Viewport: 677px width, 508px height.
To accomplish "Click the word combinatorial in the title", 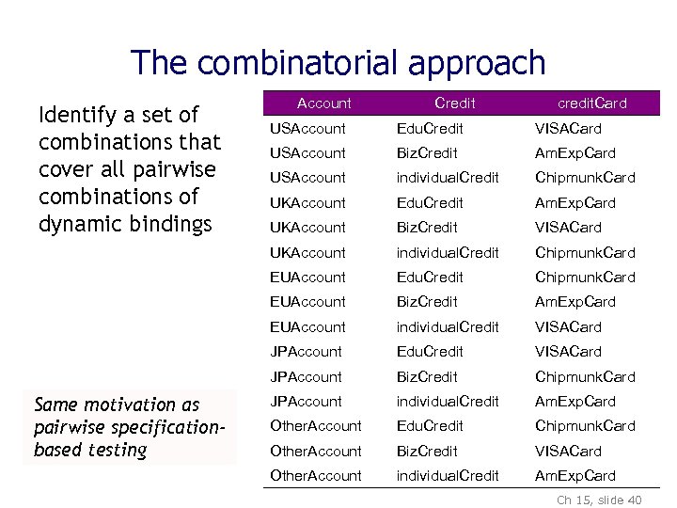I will pos(301,63).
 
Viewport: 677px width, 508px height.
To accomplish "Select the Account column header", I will pos(323,103).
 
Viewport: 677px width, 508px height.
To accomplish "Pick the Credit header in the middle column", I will pos(455,103).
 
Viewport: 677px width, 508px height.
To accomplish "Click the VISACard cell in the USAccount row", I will pos(568,128).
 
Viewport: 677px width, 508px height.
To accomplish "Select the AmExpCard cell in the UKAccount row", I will pos(575,202).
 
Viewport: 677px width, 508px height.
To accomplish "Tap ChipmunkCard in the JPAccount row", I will pos(585,376).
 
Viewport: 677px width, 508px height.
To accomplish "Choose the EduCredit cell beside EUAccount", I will pos(430,277).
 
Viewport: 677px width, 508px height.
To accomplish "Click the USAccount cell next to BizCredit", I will pos(307,152).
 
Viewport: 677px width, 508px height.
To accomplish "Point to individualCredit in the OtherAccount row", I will pos(448,475).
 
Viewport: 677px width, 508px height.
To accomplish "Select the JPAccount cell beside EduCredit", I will pos(306,351).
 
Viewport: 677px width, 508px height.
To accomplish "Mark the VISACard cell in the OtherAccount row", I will pos(568,451).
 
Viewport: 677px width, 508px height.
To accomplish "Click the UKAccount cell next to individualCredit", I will pos(307,252).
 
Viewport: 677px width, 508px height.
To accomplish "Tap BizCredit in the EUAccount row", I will pos(427,301).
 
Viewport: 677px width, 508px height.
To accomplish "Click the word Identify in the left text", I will pos(71,115).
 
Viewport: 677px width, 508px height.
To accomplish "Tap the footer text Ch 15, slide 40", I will pos(599,500).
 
